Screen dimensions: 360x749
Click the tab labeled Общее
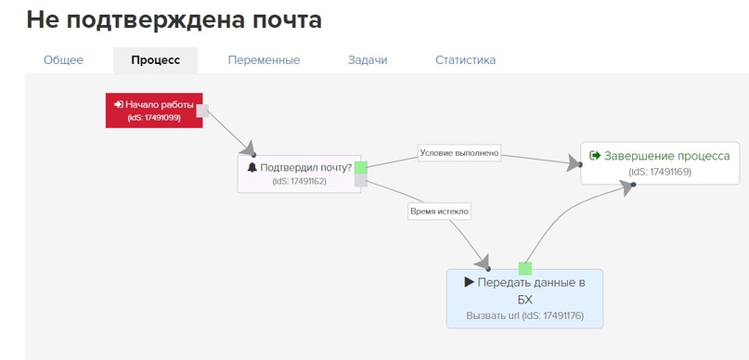63,60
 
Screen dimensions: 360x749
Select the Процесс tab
155,60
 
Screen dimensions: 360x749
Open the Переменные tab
264,60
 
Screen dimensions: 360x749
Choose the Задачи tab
368,60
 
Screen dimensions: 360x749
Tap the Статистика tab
465,60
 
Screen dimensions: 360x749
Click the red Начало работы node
153,110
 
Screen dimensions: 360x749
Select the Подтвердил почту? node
299,174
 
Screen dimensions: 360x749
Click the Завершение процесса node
659,162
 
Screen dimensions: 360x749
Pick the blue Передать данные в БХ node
524,299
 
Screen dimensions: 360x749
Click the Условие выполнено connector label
459,152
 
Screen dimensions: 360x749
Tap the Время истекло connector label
440,212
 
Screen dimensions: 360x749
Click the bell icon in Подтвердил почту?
252,168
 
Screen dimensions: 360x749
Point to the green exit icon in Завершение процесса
595,156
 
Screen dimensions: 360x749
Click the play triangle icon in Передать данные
470,282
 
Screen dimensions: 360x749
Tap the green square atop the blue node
525,268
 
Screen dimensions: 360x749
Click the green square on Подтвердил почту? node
361,167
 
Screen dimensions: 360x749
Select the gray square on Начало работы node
202,110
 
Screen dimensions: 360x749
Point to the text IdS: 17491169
659,172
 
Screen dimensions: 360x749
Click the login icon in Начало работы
119,105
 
